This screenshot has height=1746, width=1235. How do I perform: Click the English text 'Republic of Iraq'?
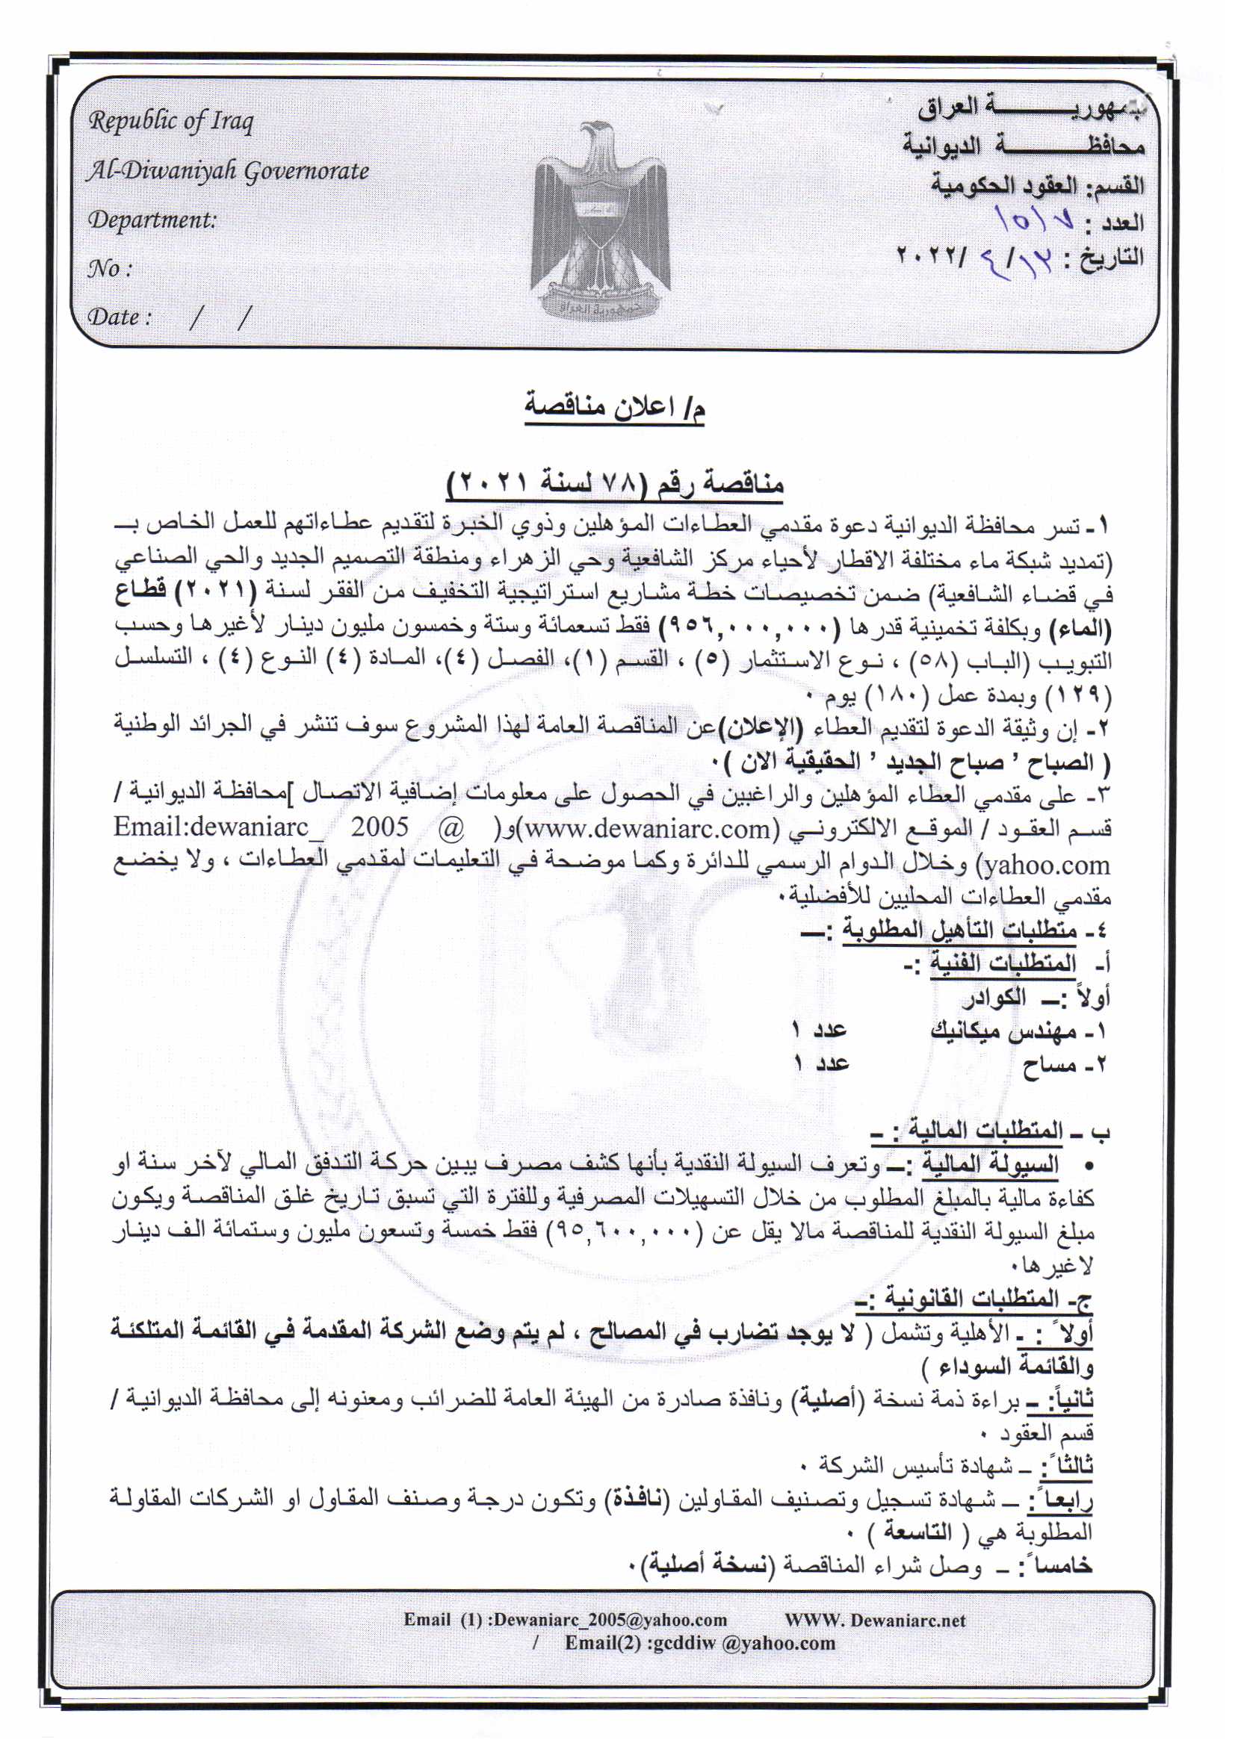coord(171,122)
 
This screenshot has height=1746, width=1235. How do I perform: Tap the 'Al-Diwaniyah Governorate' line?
coord(228,171)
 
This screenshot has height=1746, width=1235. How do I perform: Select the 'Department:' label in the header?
coord(152,220)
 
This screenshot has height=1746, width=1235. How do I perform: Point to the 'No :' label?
coord(110,268)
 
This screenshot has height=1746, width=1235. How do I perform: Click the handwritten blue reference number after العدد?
coord(1036,221)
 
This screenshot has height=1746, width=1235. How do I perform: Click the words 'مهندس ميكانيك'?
coord(1006,1031)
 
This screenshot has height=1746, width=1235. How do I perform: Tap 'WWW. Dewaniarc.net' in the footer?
coord(875,1620)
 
